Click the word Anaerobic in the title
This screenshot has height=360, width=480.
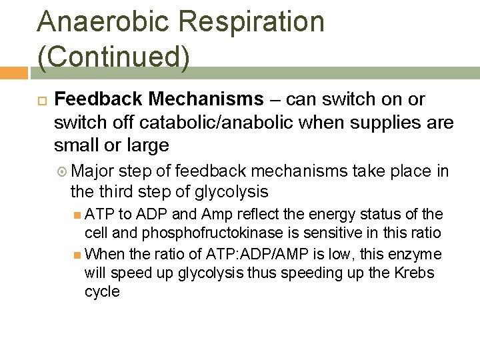(91, 21)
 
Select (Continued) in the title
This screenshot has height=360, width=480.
(114, 56)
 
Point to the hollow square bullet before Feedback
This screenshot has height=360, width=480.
(39, 100)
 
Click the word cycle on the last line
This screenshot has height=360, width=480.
(102, 292)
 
